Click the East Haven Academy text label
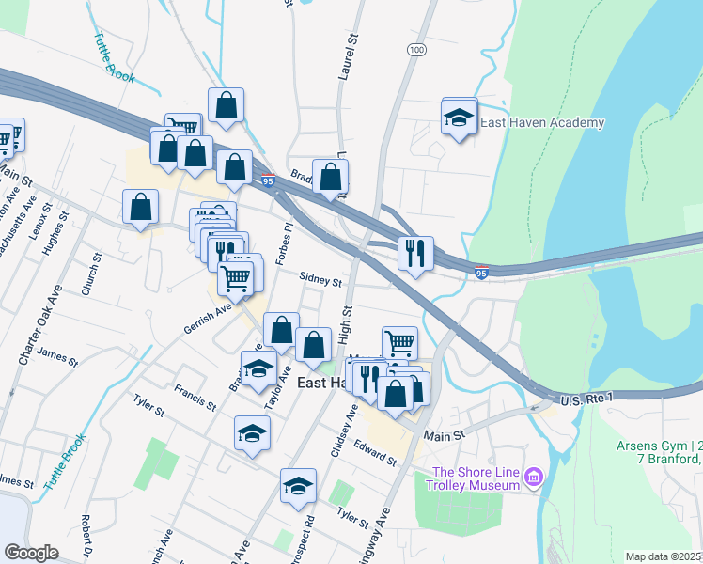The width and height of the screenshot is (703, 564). (542, 123)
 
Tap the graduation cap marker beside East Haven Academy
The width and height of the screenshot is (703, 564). (459, 118)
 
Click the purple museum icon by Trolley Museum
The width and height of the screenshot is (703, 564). (536, 478)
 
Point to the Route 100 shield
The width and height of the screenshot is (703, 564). (416, 48)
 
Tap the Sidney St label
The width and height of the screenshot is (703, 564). (320, 279)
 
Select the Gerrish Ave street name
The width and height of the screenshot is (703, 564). (208, 318)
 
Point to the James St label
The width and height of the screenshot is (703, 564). (58, 356)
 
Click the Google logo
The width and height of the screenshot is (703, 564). (32, 553)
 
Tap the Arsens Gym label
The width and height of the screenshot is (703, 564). (659, 446)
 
